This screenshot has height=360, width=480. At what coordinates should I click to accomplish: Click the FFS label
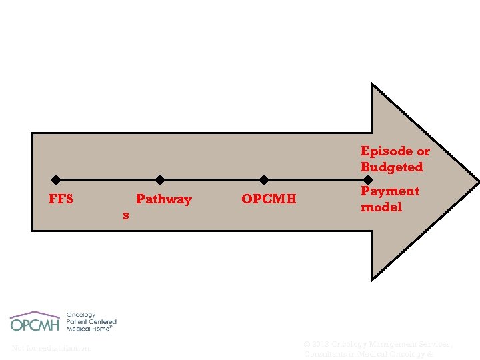click(x=61, y=199)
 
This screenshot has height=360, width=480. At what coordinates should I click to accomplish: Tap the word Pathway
click(x=163, y=199)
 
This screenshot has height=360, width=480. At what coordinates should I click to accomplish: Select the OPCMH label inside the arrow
click(x=269, y=199)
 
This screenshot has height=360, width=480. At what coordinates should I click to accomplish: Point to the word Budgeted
click(x=391, y=167)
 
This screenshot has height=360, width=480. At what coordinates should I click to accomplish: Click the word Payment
click(x=389, y=191)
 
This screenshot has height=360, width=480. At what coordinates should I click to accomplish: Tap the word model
click(x=381, y=207)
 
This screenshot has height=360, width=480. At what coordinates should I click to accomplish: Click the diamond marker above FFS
click(x=56, y=179)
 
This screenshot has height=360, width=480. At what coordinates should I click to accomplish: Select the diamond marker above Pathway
click(x=160, y=179)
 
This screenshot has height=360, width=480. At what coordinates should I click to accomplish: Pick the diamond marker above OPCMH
click(x=264, y=179)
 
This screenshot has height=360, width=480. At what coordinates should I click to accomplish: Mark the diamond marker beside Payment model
click(x=367, y=179)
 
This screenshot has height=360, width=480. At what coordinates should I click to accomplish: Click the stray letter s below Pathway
click(x=125, y=215)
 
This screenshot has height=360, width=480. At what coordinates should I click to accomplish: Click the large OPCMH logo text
click(x=35, y=325)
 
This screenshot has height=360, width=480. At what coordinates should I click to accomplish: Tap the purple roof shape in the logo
click(x=35, y=313)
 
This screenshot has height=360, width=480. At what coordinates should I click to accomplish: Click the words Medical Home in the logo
click(x=89, y=329)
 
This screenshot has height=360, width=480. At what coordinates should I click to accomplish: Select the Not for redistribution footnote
click(x=51, y=348)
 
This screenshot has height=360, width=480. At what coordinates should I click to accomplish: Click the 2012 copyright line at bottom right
click(x=378, y=344)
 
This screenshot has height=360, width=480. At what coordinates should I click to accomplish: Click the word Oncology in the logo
click(x=81, y=315)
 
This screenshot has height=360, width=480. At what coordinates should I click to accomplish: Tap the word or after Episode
click(x=421, y=151)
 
